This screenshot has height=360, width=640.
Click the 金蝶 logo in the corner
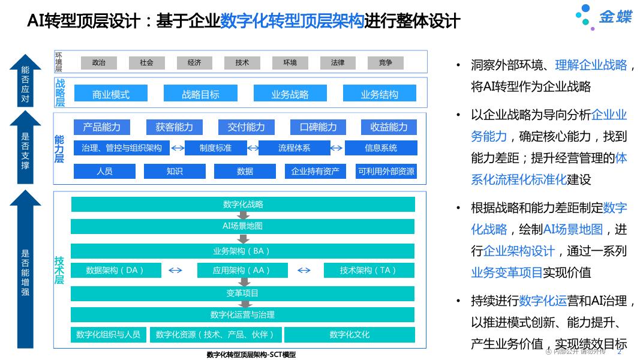click(x=604, y=17)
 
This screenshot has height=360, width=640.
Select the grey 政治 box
click(x=98, y=62)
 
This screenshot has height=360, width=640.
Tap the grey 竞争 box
click(x=385, y=62)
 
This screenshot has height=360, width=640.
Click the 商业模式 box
click(x=110, y=94)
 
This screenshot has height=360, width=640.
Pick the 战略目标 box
click(x=200, y=94)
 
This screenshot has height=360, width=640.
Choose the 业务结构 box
click(x=379, y=94)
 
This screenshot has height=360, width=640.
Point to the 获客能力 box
click(x=174, y=127)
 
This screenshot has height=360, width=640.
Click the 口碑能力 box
click(x=318, y=127)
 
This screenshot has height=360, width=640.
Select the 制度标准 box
click(x=215, y=148)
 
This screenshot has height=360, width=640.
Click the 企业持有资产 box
click(x=315, y=171)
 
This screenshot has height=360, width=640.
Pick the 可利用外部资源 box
click(x=386, y=171)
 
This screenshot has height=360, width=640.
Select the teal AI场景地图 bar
click(x=242, y=226)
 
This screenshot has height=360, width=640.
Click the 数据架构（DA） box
click(x=116, y=270)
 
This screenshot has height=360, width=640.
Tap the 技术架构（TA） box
click(x=368, y=270)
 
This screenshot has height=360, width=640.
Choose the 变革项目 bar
click(x=242, y=293)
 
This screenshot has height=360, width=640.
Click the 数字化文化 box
click(x=349, y=334)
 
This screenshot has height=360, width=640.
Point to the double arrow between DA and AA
click(x=175, y=270)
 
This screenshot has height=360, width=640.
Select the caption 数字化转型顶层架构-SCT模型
click(x=251, y=355)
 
